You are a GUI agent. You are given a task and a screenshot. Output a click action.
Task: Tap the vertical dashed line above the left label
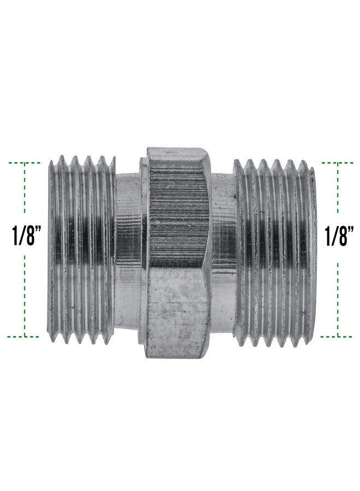click(25, 191)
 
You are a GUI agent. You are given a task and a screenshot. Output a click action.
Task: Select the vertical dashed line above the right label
click(339, 191)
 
